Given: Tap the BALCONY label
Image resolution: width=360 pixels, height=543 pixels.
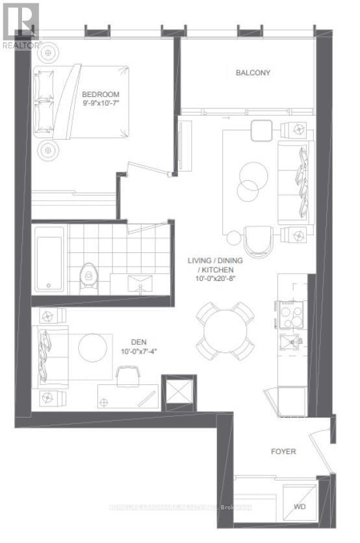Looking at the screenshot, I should click(253, 73).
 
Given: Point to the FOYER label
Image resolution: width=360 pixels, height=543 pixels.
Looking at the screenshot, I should click(283, 451).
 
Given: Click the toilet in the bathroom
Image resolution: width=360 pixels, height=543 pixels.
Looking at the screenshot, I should click(87, 276).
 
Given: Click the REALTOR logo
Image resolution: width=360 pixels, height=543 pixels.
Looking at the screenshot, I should click(20, 25).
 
